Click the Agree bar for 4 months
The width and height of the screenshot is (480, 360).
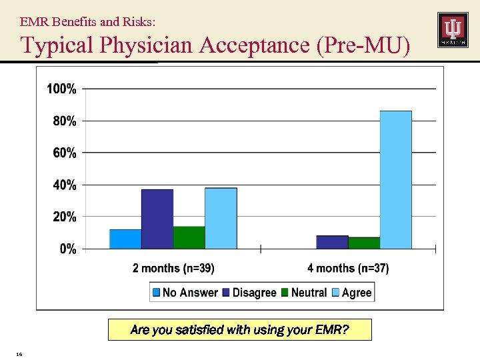click(395, 180)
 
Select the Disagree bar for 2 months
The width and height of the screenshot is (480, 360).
click(157, 219)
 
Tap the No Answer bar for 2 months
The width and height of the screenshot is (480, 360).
click(125, 239)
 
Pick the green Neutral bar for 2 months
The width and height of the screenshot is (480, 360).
click(189, 238)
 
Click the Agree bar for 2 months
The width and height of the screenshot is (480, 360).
click(221, 219)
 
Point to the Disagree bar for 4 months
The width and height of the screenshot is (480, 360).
click(332, 243)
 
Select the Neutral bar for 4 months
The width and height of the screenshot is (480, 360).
click(364, 243)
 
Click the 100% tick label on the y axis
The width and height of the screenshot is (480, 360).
click(61, 89)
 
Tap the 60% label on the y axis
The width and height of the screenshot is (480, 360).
click(64, 153)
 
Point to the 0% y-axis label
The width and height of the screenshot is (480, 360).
click(67, 249)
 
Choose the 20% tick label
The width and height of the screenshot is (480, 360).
click(64, 217)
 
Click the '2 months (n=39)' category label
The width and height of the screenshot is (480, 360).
click(173, 268)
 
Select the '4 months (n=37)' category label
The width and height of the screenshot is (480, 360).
click(348, 268)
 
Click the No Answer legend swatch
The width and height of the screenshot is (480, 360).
click(157, 292)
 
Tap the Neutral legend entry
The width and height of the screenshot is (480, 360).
click(304, 292)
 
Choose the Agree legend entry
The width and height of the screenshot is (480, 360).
click(352, 292)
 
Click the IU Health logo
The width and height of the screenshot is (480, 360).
click(453, 30)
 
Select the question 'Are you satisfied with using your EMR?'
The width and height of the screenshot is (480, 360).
click(239, 329)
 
